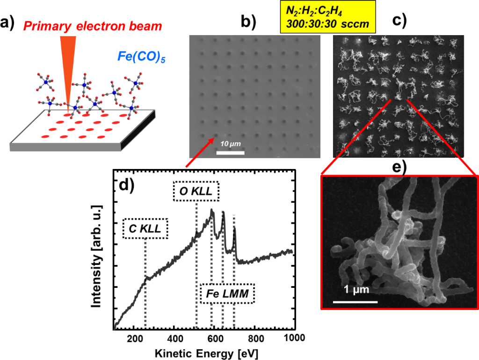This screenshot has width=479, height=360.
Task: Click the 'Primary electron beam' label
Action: (93, 26)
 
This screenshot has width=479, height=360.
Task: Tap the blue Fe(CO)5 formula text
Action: (141, 57)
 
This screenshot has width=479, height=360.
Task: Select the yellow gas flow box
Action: (328, 17)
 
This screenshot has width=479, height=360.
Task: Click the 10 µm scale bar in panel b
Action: (230, 153)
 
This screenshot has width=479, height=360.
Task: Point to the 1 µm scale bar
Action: (356, 302)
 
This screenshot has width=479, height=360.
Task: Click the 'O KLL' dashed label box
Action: (196, 191)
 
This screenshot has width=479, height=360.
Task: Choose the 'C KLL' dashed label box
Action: (145, 228)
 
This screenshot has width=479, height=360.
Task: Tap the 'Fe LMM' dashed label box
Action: (227, 294)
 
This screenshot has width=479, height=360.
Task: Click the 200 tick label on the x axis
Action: (135, 338)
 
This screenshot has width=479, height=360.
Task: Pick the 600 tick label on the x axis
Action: (215, 338)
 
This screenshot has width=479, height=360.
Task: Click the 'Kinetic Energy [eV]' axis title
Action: (206, 353)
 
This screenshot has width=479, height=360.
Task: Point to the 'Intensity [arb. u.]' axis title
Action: (96, 256)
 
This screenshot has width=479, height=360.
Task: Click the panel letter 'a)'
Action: (7, 22)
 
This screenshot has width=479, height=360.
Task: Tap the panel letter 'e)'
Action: (399, 167)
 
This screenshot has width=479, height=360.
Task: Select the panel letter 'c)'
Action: (399, 21)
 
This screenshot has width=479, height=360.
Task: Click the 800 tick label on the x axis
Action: (256, 338)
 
